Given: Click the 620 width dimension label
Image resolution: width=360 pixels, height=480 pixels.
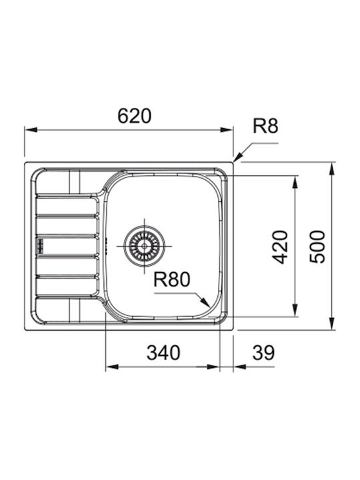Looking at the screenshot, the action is [x=135, y=116].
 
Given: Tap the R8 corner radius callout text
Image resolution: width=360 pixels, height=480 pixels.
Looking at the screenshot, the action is [x=265, y=126].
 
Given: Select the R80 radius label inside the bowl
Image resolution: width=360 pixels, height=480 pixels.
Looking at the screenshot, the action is [x=172, y=279].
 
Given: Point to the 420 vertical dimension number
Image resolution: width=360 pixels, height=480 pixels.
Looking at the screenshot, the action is [x=281, y=247].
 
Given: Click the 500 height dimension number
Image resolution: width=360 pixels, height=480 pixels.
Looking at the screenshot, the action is [x=317, y=247].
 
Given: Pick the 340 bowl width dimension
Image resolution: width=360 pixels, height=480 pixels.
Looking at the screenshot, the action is [x=163, y=353].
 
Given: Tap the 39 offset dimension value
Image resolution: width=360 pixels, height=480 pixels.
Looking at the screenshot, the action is [x=263, y=353].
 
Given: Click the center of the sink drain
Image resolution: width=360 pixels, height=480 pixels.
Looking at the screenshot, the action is [x=144, y=246].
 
